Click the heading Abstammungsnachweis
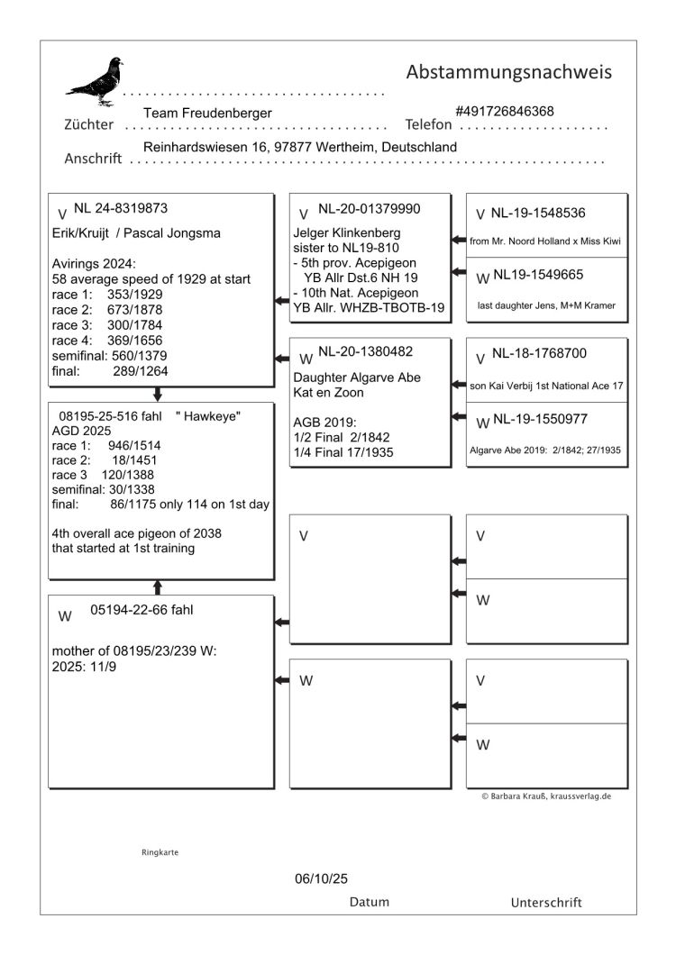pos(509,71)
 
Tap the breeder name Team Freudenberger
pos(207,113)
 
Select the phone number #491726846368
pos(505,111)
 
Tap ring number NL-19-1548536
pos(538,214)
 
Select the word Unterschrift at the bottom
pos(546,902)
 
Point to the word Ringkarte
pos(160,850)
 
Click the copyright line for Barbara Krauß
pos(547,796)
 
